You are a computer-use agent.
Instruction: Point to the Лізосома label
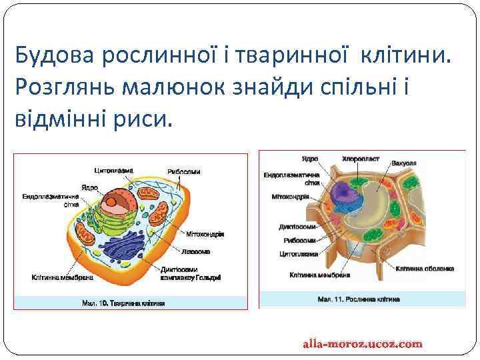pos(195,252)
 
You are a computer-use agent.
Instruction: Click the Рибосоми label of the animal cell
pos(183,172)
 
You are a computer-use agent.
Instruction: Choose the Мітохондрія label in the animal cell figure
pos(205,234)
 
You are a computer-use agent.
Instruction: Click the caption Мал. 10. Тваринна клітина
pos(123,303)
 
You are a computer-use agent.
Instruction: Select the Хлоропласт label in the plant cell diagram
pos(360,159)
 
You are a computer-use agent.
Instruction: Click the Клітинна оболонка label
pos(425,269)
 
